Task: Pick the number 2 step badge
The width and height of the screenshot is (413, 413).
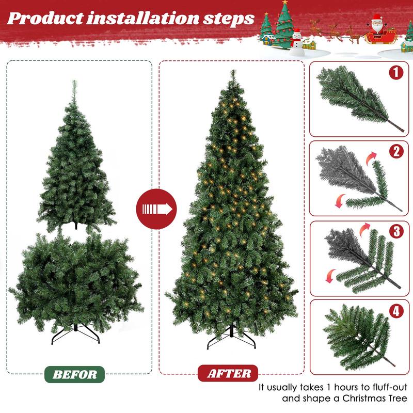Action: pos(395,151)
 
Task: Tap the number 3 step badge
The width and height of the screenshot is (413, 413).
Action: pos(395,231)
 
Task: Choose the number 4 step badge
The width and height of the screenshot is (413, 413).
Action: pos(395,311)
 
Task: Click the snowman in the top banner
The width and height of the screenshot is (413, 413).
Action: pos(296,41)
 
